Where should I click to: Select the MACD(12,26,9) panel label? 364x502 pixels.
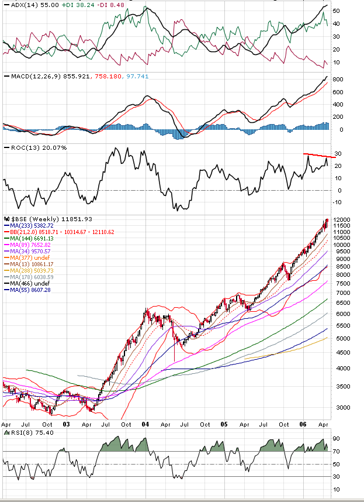pyautogui.click(x=27, y=76)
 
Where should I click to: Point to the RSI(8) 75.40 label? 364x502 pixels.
pyautogui.click(x=26, y=433)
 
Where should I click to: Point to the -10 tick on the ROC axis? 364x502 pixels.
pyautogui.click(x=338, y=202)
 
